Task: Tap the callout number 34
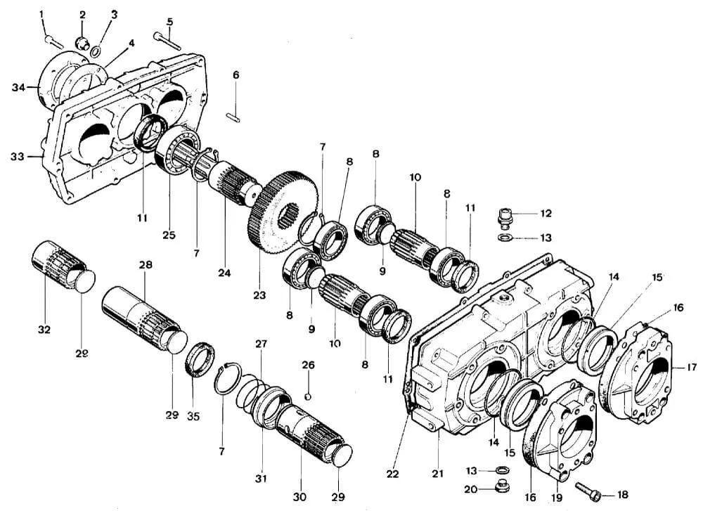pyautogui.click(x=18, y=87)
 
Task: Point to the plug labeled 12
pyautogui.click(x=505, y=217)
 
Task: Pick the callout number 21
pyautogui.click(x=437, y=473)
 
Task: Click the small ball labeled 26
pyautogui.click(x=307, y=396)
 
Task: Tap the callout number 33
pyautogui.click(x=18, y=157)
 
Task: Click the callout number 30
pyautogui.click(x=300, y=497)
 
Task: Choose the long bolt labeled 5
pyautogui.click(x=167, y=41)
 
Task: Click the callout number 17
pyautogui.click(x=691, y=367)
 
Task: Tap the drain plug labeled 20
pyautogui.click(x=500, y=488)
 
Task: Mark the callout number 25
pyautogui.click(x=169, y=235)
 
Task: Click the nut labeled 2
pyautogui.click(x=81, y=44)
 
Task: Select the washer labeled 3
pyautogui.click(x=96, y=51)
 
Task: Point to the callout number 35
pyautogui.click(x=193, y=416)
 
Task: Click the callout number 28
pyautogui.click(x=146, y=265)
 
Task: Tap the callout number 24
pyautogui.click(x=224, y=273)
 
